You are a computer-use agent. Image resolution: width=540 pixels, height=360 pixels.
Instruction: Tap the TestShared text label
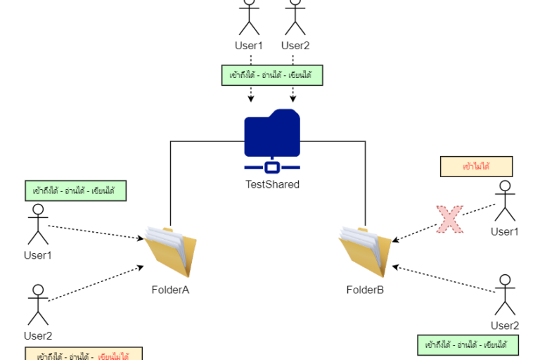[272, 185]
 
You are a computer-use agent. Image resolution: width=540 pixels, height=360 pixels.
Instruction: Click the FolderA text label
[170, 290]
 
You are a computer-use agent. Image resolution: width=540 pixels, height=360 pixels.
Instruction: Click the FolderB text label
[365, 290]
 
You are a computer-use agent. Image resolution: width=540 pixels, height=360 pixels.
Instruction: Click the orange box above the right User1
[476, 167]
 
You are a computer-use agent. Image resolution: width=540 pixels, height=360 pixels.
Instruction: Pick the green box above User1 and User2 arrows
[271, 75]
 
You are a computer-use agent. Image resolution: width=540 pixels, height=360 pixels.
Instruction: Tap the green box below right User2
[467, 345]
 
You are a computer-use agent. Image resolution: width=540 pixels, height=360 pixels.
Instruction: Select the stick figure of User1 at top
[249, 18]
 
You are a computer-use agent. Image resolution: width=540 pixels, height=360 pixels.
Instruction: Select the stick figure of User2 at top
[295, 18]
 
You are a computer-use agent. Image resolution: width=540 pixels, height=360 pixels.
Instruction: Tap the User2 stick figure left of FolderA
[38, 304]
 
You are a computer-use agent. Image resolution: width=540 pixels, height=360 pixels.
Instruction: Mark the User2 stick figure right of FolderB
[504, 295]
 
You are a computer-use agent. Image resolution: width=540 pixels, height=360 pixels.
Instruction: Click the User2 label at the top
[295, 46]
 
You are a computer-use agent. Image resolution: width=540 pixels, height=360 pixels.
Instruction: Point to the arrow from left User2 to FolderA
[95, 284]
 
